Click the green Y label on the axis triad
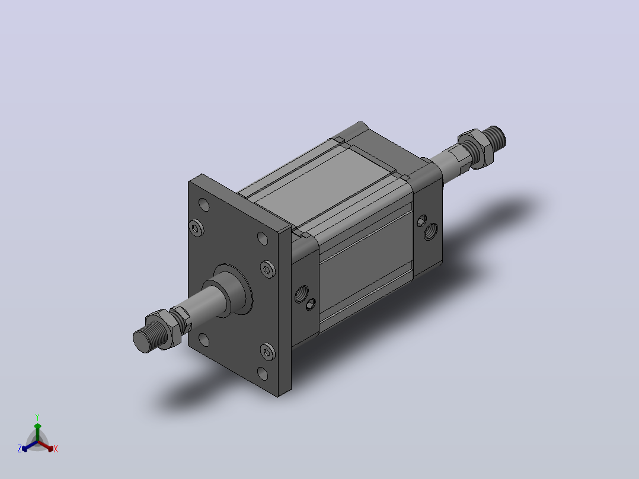coord(37,417)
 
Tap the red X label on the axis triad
coord(56,449)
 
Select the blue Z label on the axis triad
coord(20,448)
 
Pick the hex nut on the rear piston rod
coord(475,148)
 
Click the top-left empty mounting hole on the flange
coord(204,205)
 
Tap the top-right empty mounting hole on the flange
coord(263,238)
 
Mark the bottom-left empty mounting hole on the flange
coord(204,339)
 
